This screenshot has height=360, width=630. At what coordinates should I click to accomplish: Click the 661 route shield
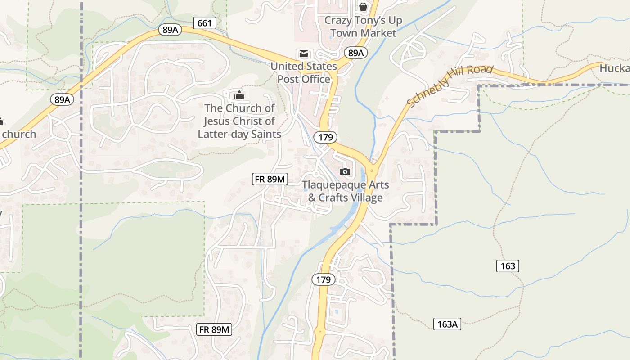click(x=205, y=23)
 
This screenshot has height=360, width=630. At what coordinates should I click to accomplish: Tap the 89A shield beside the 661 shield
click(x=170, y=30)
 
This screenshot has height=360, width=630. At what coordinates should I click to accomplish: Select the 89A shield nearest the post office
click(x=356, y=53)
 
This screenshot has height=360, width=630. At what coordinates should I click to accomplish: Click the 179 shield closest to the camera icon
click(x=326, y=137)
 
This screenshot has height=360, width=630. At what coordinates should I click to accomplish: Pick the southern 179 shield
click(x=323, y=279)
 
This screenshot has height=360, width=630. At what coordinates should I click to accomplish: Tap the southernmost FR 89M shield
click(x=215, y=329)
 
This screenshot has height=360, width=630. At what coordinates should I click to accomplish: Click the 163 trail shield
click(x=508, y=266)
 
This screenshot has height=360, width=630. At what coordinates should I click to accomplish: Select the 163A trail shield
click(x=447, y=324)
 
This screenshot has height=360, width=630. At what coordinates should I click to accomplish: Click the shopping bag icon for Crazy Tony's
click(x=363, y=7)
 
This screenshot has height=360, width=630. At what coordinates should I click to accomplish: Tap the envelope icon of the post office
click(x=304, y=54)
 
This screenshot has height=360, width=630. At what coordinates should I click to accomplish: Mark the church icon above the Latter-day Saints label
click(x=239, y=95)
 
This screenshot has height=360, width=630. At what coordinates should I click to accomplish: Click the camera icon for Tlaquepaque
click(x=345, y=171)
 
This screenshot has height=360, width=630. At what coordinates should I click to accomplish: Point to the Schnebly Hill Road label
click(x=450, y=86)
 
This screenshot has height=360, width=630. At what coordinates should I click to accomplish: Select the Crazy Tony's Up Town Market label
click(x=363, y=27)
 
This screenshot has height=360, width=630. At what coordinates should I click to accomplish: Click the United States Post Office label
click(x=304, y=72)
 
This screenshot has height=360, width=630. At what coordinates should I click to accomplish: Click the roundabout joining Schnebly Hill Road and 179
click(x=371, y=171)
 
